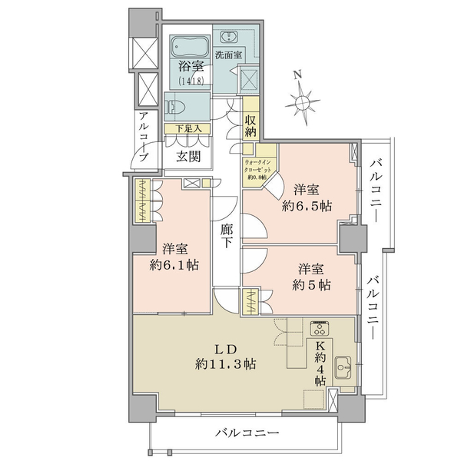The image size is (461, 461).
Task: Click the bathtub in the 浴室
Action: pyautogui.click(x=190, y=46)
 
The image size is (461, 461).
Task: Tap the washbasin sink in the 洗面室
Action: pyautogui.click(x=228, y=37)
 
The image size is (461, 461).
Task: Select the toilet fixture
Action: pyautogui.click(x=175, y=108)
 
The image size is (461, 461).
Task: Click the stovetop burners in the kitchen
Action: pyautogui.click(x=320, y=328)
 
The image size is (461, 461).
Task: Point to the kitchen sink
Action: pyautogui.click(x=343, y=367)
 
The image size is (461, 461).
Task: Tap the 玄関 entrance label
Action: pyautogui.click(x=188, y=157)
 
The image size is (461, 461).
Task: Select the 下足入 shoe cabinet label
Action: pyautogui.click(x=188, y=128)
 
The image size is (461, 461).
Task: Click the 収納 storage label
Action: pyautogui.click(x=250, y=126)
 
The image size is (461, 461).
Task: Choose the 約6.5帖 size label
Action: pyautogui.click(x=307, y=206)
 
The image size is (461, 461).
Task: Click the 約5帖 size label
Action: pyautogui.click(x=311, y=285)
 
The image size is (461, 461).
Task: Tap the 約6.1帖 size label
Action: pyautogui.click(x=174, y=265)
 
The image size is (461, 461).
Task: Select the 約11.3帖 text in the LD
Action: pyautogui.click(x=225, y=364)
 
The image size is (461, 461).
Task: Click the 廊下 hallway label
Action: pyautogui.click(x=227, y=236)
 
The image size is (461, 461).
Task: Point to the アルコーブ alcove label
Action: pyautogui.click(x=144, y=137)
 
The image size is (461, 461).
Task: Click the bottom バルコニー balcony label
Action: pyautogui.click(x=247, y=433)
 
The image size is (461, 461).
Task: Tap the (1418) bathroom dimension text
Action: pyautogui.click(x=191, y=81)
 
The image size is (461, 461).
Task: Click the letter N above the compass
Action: pyautogui.click(x=298, y=75)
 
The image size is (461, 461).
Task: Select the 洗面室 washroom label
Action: pyautogui.click(x=228, y=55)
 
